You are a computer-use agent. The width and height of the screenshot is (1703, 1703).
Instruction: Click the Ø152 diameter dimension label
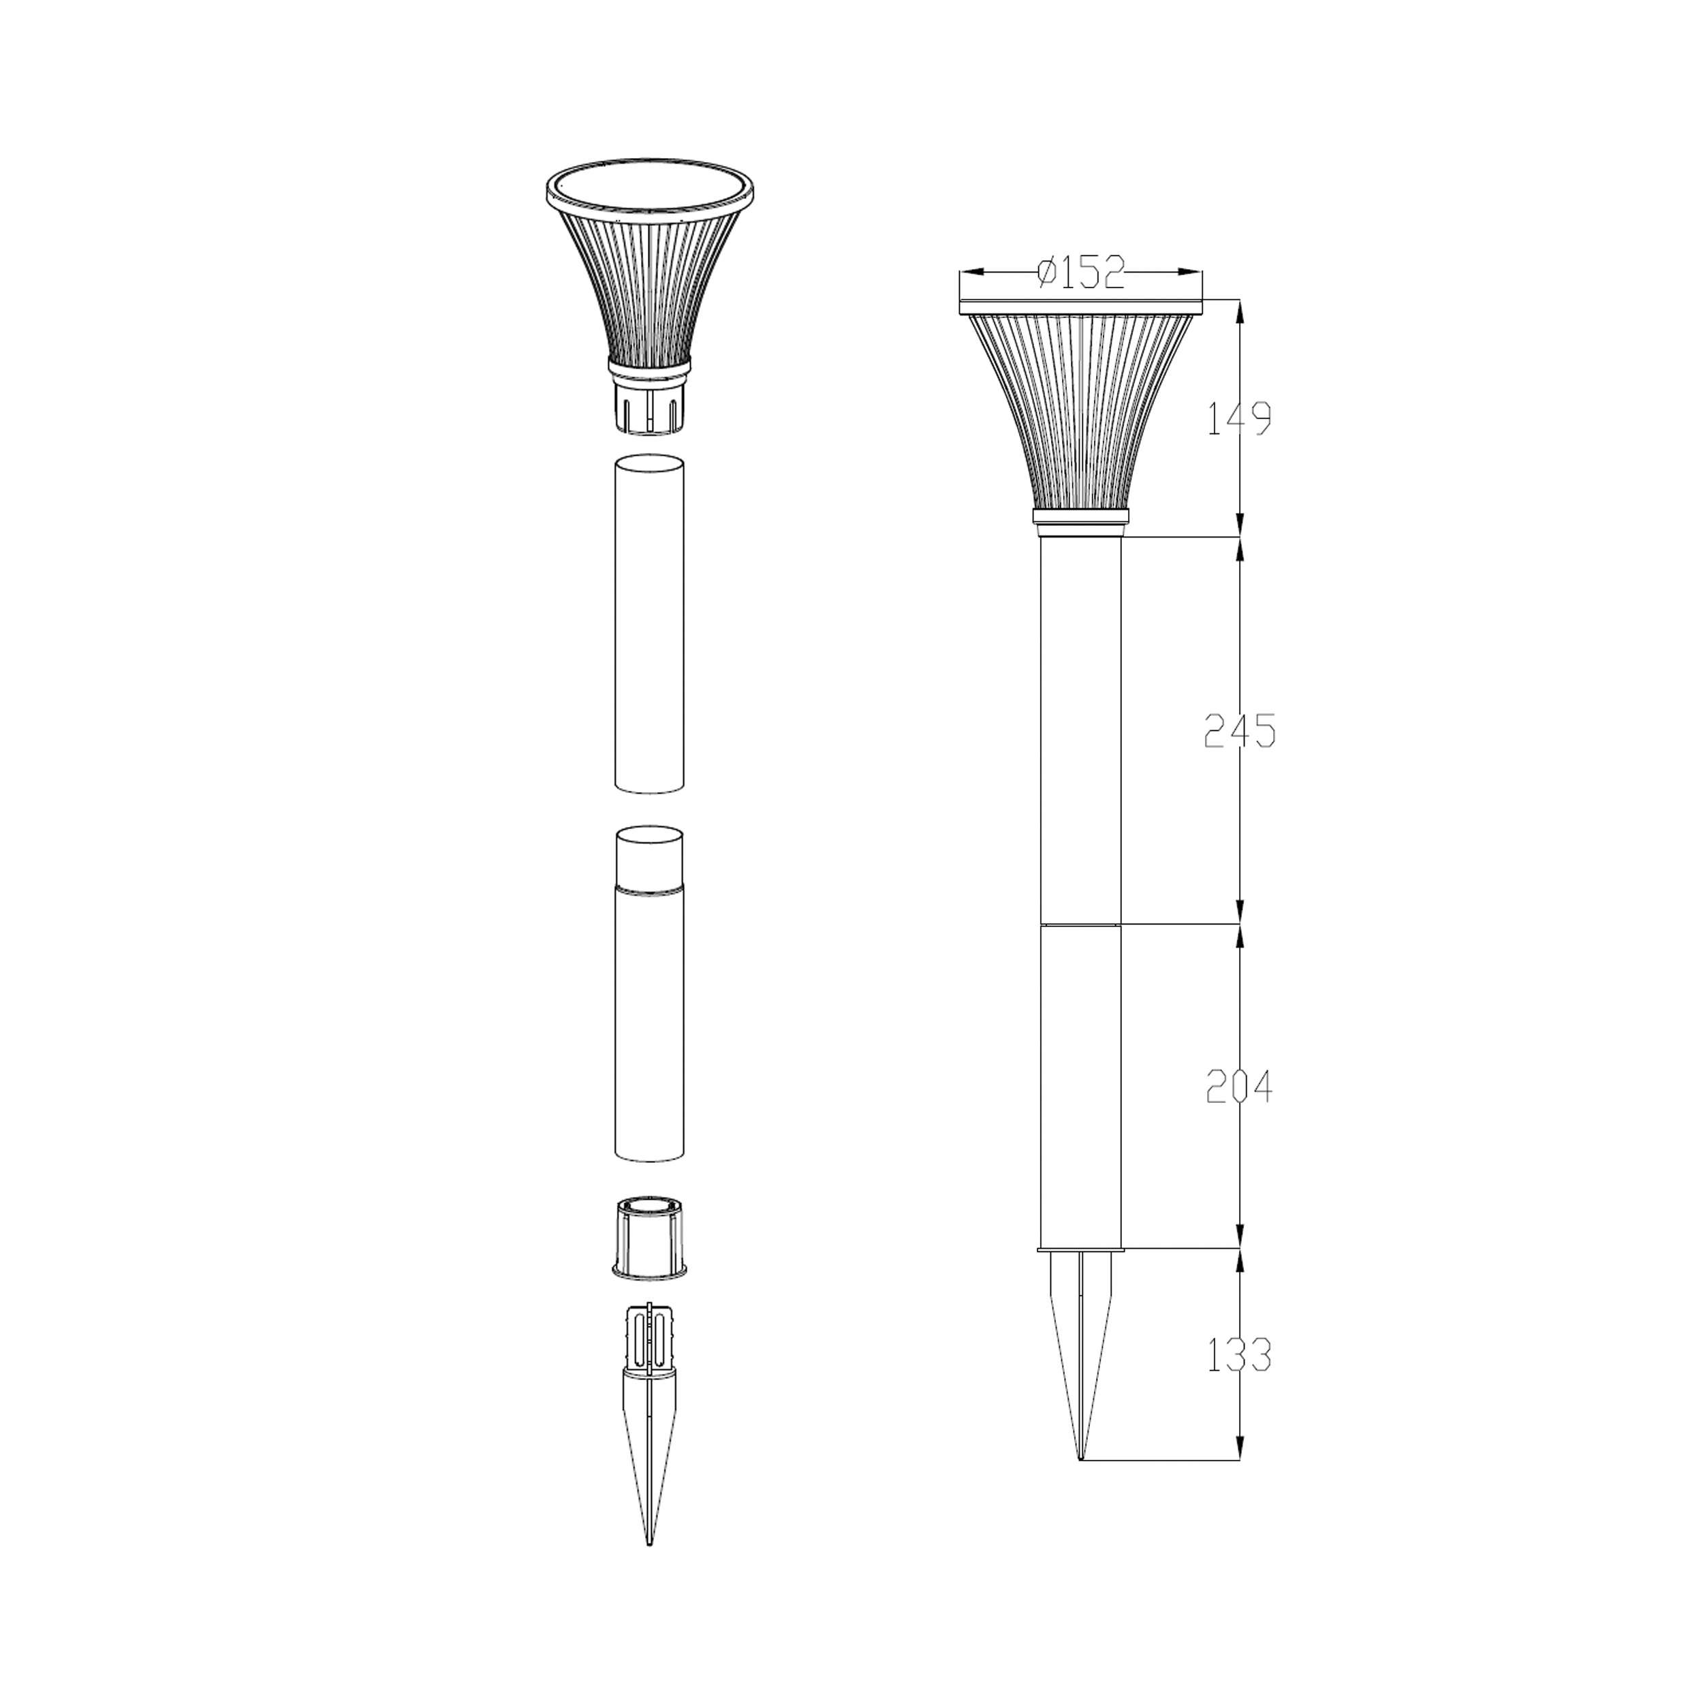[1082, 272]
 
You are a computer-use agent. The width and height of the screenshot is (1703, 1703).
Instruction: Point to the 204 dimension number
[1239, 1086]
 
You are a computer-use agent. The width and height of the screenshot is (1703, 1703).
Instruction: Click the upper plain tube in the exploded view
[650, 624]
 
